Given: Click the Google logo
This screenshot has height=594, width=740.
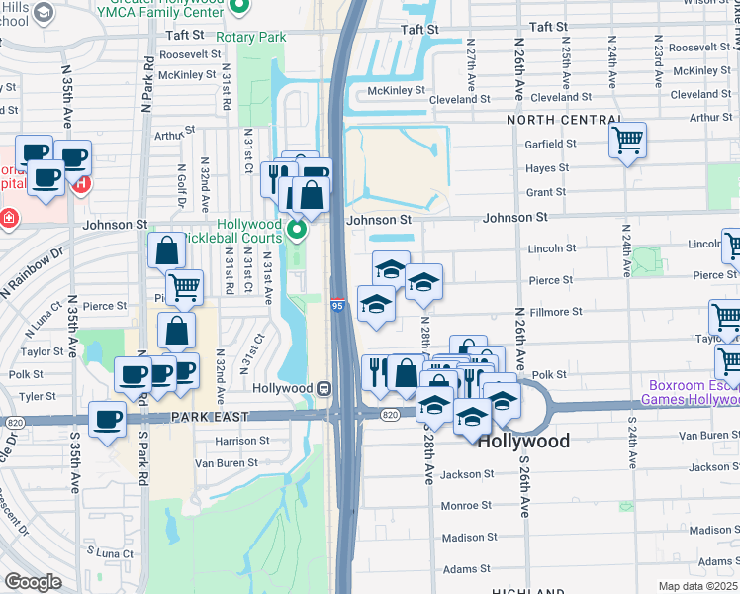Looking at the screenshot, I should [33, 581].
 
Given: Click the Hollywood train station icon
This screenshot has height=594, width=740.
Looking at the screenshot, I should [323, 388].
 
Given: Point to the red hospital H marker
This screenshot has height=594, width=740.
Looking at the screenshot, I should [83, 183].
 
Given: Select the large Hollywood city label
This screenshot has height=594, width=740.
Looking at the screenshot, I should [523, 441].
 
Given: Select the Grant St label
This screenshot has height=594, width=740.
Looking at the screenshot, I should [546, 192].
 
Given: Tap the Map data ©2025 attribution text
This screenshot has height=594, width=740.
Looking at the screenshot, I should [698, 586].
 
